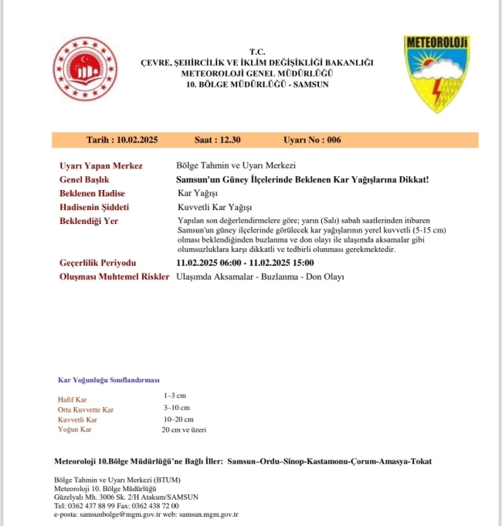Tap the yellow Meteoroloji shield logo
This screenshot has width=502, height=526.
point(436,74)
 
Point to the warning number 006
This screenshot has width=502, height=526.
point(334,140)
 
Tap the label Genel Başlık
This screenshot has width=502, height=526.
point(85,179)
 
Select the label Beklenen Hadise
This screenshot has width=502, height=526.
point(92,193)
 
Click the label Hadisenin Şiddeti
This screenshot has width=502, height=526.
point(94,207)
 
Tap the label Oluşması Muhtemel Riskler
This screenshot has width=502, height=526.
point(114,277)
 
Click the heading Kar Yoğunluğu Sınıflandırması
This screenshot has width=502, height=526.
point(109,380)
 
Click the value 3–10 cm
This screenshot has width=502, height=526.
point(176,407)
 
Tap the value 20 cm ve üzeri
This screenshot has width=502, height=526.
point(184,429)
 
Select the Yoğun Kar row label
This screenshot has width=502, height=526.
point(76,429)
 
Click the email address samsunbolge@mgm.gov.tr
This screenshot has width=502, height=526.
point(117,514)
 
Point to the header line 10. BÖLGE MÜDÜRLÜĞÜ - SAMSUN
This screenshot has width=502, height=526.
point(257,83)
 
